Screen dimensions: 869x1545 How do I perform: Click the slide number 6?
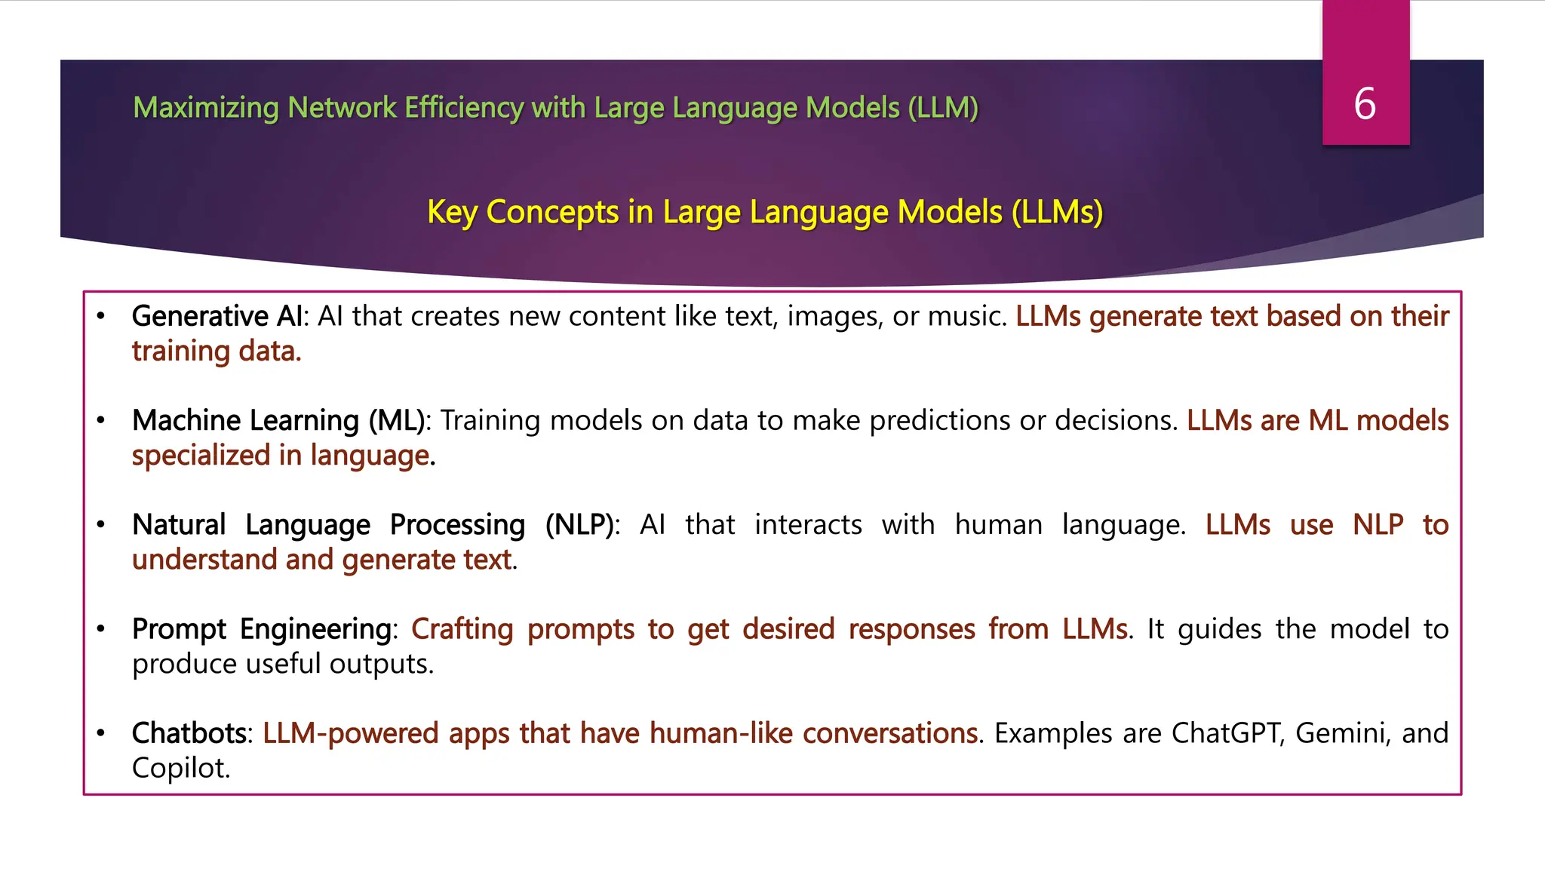click(x=1365, y=104)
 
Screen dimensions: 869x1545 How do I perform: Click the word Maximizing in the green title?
click(x=206, y=108)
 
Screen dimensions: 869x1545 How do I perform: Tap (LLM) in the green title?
click(x=943, y=108)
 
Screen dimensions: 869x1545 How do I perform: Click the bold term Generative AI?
click(x=217, y=316)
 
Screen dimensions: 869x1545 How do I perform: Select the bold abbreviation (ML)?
click(x=396, y=420)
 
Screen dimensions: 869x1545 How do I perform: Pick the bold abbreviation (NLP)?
click(x=579, y=524)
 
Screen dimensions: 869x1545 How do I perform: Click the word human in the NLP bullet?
click(x=998, y=524)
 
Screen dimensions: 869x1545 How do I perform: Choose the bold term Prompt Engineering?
click(x=262, y=629)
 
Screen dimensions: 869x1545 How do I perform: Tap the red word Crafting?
click(x=462, y=629)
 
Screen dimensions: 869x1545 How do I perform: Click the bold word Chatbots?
click(x=189, y=733)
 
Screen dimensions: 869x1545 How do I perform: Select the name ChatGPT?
click(x=1227, y=733)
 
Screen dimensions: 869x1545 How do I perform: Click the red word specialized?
click(x=201, y=456)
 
